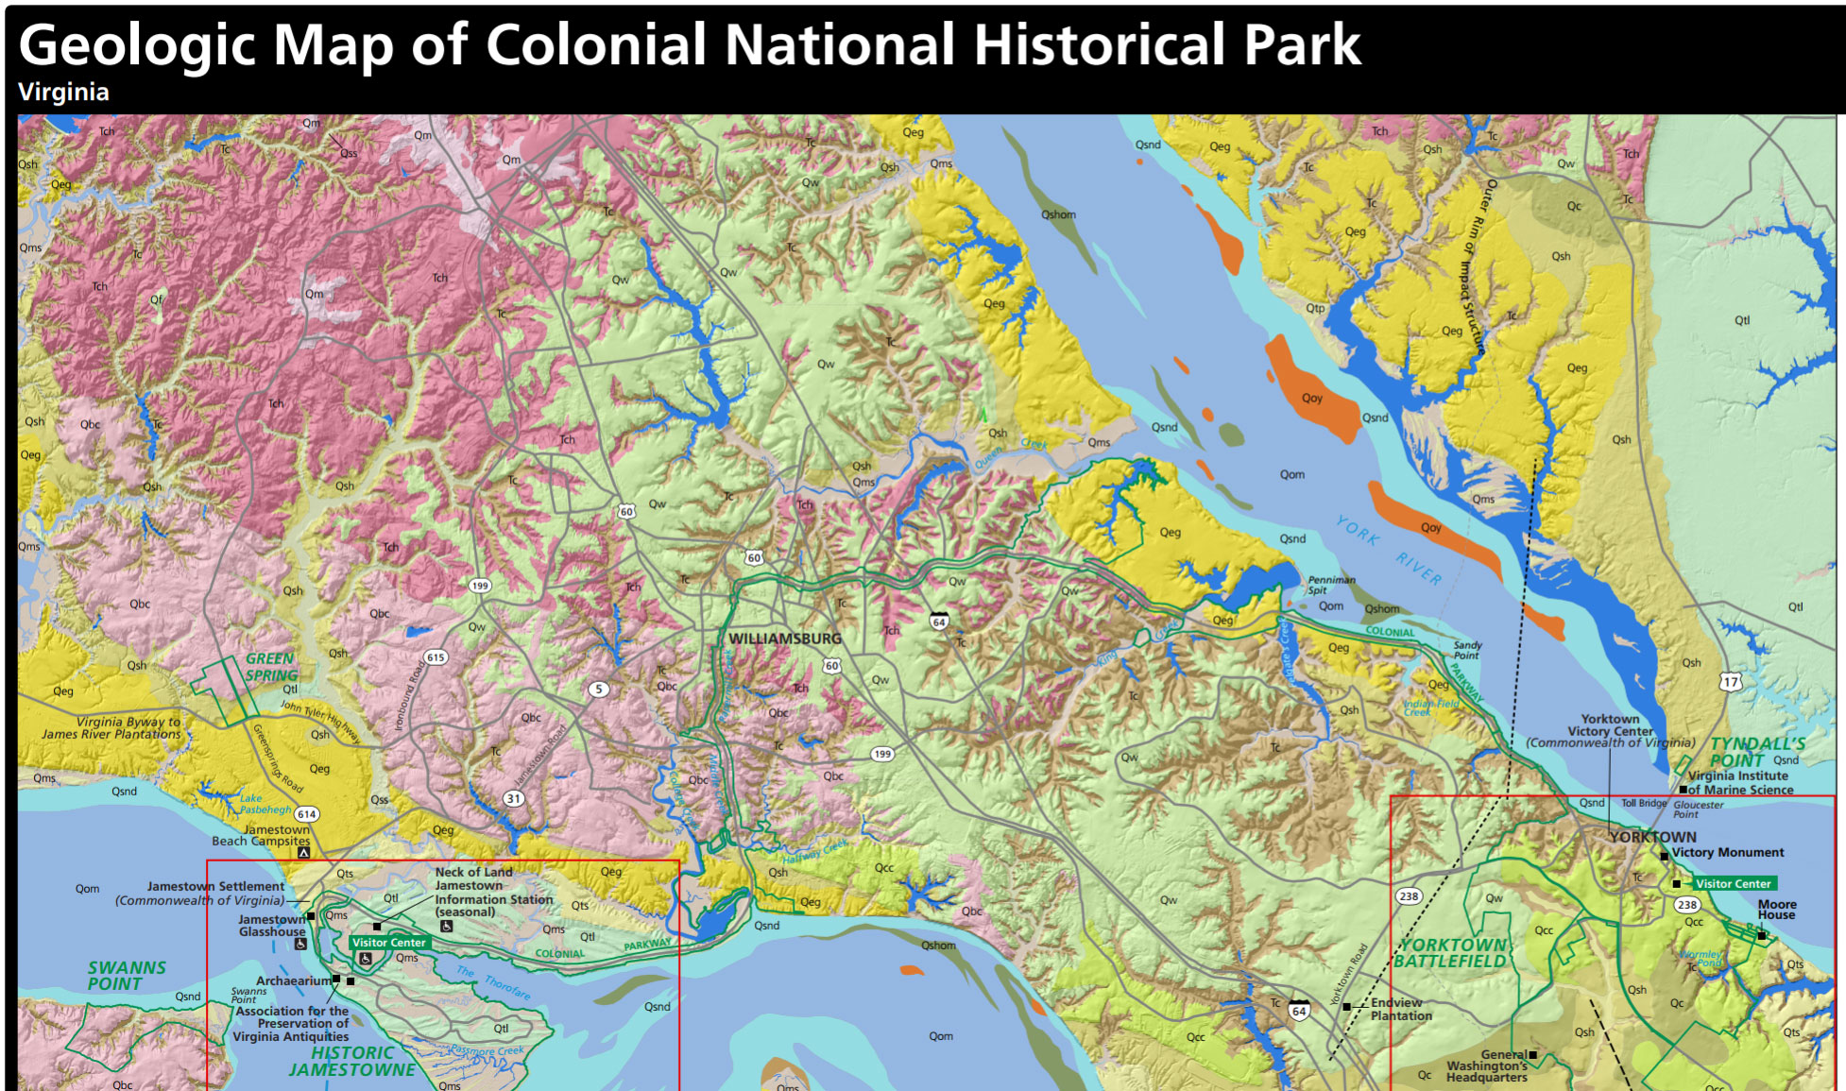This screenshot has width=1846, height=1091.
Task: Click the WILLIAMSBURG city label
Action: (x=784, y=639)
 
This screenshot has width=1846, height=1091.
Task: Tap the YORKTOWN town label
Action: (x=1652, y=837)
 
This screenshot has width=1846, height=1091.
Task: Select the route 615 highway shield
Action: (x=435, y=657)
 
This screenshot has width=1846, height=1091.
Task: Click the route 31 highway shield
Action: (x=513, y=798)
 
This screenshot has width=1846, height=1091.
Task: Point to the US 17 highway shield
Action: (x=1730, y=681)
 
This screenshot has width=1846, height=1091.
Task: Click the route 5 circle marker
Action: (x=598, y=690)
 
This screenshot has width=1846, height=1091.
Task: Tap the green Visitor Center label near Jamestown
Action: (x=388, y=943)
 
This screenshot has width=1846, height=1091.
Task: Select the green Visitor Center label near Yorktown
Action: (x=1733, y=884)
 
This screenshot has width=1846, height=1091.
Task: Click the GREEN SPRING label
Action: (x=271, y=667)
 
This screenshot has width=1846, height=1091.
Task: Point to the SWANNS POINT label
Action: (x=126, y=976)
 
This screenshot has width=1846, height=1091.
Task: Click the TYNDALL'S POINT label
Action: (x=1756, y=752)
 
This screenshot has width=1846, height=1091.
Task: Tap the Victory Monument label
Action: (x=1727, y=852)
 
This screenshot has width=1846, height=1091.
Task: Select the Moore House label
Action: (x=1776, y=909)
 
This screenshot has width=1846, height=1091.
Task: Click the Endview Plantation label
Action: (x=1400, y=1009)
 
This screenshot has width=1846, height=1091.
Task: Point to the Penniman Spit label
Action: (x=1331, y=585)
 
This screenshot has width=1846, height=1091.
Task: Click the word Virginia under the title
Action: (x=63, y=92)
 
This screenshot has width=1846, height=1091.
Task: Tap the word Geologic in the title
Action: (x=137, y=44)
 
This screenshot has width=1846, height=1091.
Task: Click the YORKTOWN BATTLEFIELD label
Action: (x=1451, y=953)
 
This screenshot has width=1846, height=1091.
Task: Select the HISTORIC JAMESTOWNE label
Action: (x=351, y=1061)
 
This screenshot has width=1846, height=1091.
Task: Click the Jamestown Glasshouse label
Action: (x=271, y=926)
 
